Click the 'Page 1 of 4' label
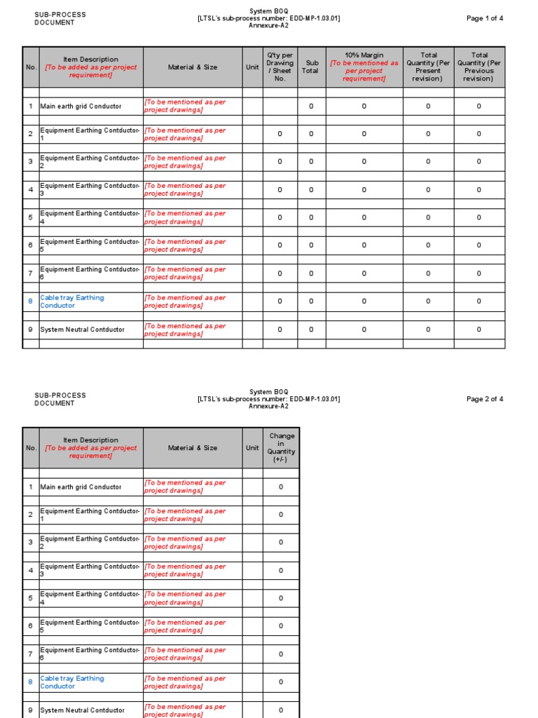485,18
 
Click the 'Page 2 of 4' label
485,399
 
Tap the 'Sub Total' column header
311,67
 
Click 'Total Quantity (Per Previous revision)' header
479,67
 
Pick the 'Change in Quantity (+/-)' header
281,447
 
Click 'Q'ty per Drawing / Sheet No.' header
280,67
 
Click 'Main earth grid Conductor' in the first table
81,107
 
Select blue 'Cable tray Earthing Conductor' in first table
72,302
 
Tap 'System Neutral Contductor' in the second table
83,710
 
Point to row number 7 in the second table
31,654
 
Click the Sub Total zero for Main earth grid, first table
311,107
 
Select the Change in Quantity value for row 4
281,570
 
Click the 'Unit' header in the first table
252,67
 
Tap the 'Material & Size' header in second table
193,448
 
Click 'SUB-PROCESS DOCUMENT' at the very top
60,18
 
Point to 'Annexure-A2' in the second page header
268,406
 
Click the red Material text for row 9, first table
185,330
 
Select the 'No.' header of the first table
31,67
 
